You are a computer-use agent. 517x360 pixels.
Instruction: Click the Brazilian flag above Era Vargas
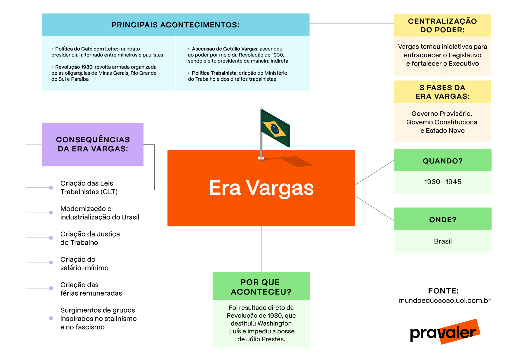pos(275,129)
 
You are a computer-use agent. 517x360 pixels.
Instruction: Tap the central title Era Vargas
pos(261,188)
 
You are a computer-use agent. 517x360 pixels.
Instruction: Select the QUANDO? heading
pos(442,161)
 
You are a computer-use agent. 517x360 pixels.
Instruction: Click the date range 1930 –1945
pos(442,182)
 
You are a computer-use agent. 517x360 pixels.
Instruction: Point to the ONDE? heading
pos(442,220)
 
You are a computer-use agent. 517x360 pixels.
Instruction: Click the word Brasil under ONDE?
pos(443,241)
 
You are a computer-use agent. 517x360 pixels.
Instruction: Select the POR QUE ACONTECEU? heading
pos(261,287)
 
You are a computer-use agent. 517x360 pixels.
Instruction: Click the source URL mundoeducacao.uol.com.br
pos(444,301)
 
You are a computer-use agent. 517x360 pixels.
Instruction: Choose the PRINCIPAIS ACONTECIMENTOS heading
pos(175,25)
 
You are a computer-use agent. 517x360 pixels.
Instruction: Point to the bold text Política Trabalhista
pos(214,73)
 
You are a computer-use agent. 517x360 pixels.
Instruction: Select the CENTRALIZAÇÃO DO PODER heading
pos(442,25)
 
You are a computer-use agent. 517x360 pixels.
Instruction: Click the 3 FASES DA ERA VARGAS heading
pos(442,92)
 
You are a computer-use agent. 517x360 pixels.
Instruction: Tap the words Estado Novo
pos(445,131)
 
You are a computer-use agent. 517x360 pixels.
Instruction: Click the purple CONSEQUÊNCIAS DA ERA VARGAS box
pos(93,144)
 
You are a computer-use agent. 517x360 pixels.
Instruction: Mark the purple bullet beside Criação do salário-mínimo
pos(51,263)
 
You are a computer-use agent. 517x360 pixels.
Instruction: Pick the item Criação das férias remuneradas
pos(91,289)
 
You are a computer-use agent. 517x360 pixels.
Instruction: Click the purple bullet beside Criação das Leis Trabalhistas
pos(51,188)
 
